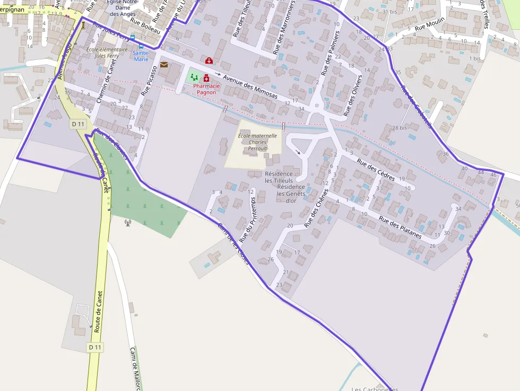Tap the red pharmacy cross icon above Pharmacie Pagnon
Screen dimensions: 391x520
click(x=206, y=79)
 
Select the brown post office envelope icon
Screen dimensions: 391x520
click(x=164, y=65)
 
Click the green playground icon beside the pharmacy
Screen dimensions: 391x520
click(x=194, y=77)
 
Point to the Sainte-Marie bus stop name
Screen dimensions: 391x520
click(x=141, y=56)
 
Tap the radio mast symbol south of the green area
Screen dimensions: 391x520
click(x=127, y=222)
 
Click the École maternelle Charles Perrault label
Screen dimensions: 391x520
click(x=257, y=142)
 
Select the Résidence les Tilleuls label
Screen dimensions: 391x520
click(x=279, y=177)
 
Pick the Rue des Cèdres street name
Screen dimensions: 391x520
click(x=376, y=170)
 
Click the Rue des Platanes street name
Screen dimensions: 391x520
click(x=400, y=227)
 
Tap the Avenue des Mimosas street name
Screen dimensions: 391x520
click(x=250, y=87)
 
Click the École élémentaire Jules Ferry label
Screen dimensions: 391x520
click(x=107, y=52)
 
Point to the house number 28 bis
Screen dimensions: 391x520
click(x=400, y=128)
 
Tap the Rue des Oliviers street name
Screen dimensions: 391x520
click(x=353, y=95)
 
